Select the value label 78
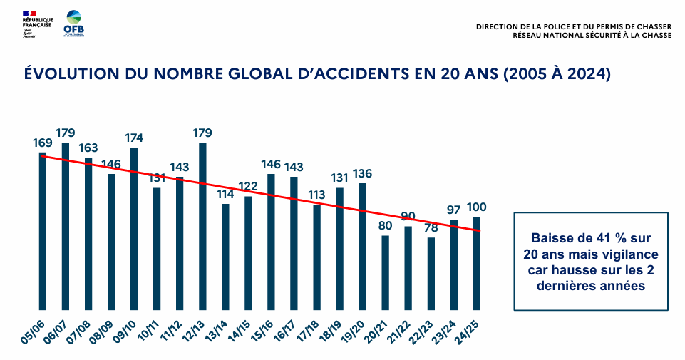(x=431, y=227)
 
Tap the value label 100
(x=476, y=207)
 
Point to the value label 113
(x=316, y=194)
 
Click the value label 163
(x=88, y=148)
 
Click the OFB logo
(x=73, y=24)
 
